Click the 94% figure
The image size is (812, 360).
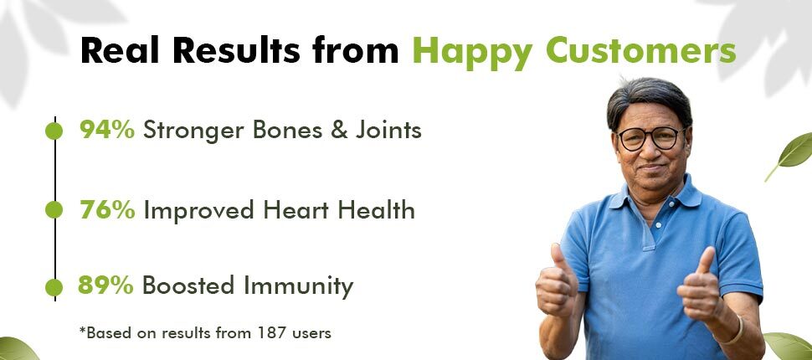(x=107, y=130)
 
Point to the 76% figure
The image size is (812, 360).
(x=108, y=210)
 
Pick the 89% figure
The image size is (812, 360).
(x=106, y=285)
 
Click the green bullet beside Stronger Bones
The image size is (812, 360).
(x=54, y=131)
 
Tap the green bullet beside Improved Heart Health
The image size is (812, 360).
(x=54, y=210)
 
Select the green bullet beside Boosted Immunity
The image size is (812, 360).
(x=54, y=287)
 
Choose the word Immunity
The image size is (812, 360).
(x=299, y=286)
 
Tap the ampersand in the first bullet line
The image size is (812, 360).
(x=339, y=131)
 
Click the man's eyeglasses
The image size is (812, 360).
(x=650, y=138)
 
